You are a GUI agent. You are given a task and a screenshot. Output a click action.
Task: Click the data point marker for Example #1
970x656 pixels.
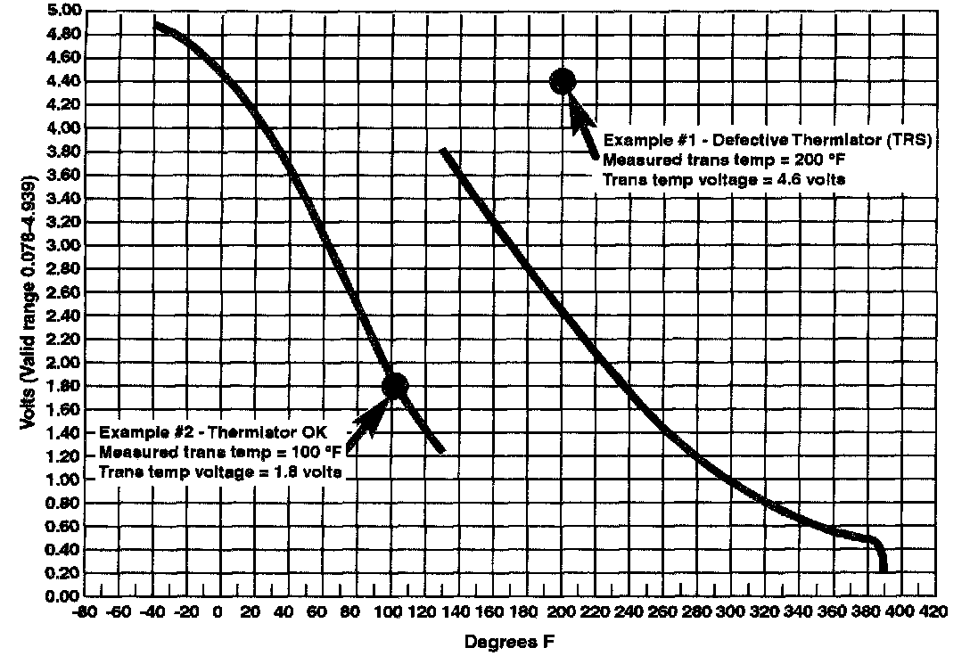tap(563, 81)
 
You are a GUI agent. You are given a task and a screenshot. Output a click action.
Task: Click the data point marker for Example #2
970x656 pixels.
tap(394, 385)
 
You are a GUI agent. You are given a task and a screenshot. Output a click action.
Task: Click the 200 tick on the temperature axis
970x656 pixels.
tap(561, 613)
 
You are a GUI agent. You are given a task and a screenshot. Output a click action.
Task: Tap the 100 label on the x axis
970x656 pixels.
tap(390, 613)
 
